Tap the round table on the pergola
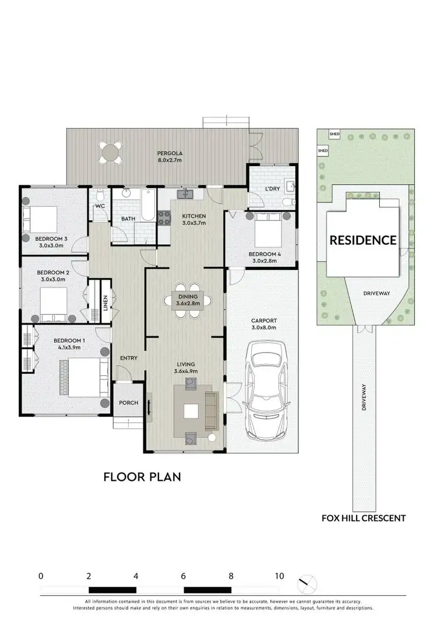point(111,153)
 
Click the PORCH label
point(128,403)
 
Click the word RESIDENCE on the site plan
point(363,240)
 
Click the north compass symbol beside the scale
point(306,583)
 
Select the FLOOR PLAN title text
point(142,477)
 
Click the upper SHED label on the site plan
point(334,133)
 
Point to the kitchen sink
point(188,193)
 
